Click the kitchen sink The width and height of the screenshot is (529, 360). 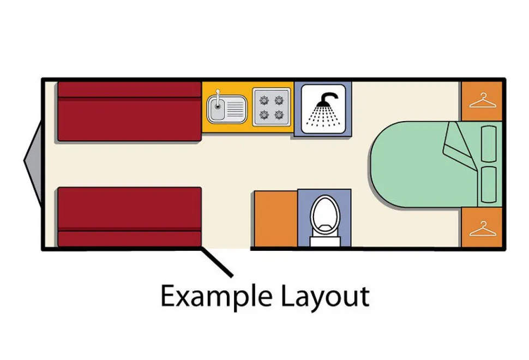226,109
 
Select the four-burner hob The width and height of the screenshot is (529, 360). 272,107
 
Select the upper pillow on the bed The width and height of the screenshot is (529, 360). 489,144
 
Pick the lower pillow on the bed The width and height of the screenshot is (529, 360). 489,184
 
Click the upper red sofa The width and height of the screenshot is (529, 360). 130,111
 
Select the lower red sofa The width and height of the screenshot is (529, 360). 130,217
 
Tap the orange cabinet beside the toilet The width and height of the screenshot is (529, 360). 275,219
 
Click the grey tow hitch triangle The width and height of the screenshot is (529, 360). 33,161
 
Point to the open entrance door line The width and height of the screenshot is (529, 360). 217,263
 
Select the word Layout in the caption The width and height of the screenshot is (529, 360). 325,297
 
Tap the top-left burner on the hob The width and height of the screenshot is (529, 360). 264,100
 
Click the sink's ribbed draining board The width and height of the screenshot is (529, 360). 235,109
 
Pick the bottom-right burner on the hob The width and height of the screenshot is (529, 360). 279,115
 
